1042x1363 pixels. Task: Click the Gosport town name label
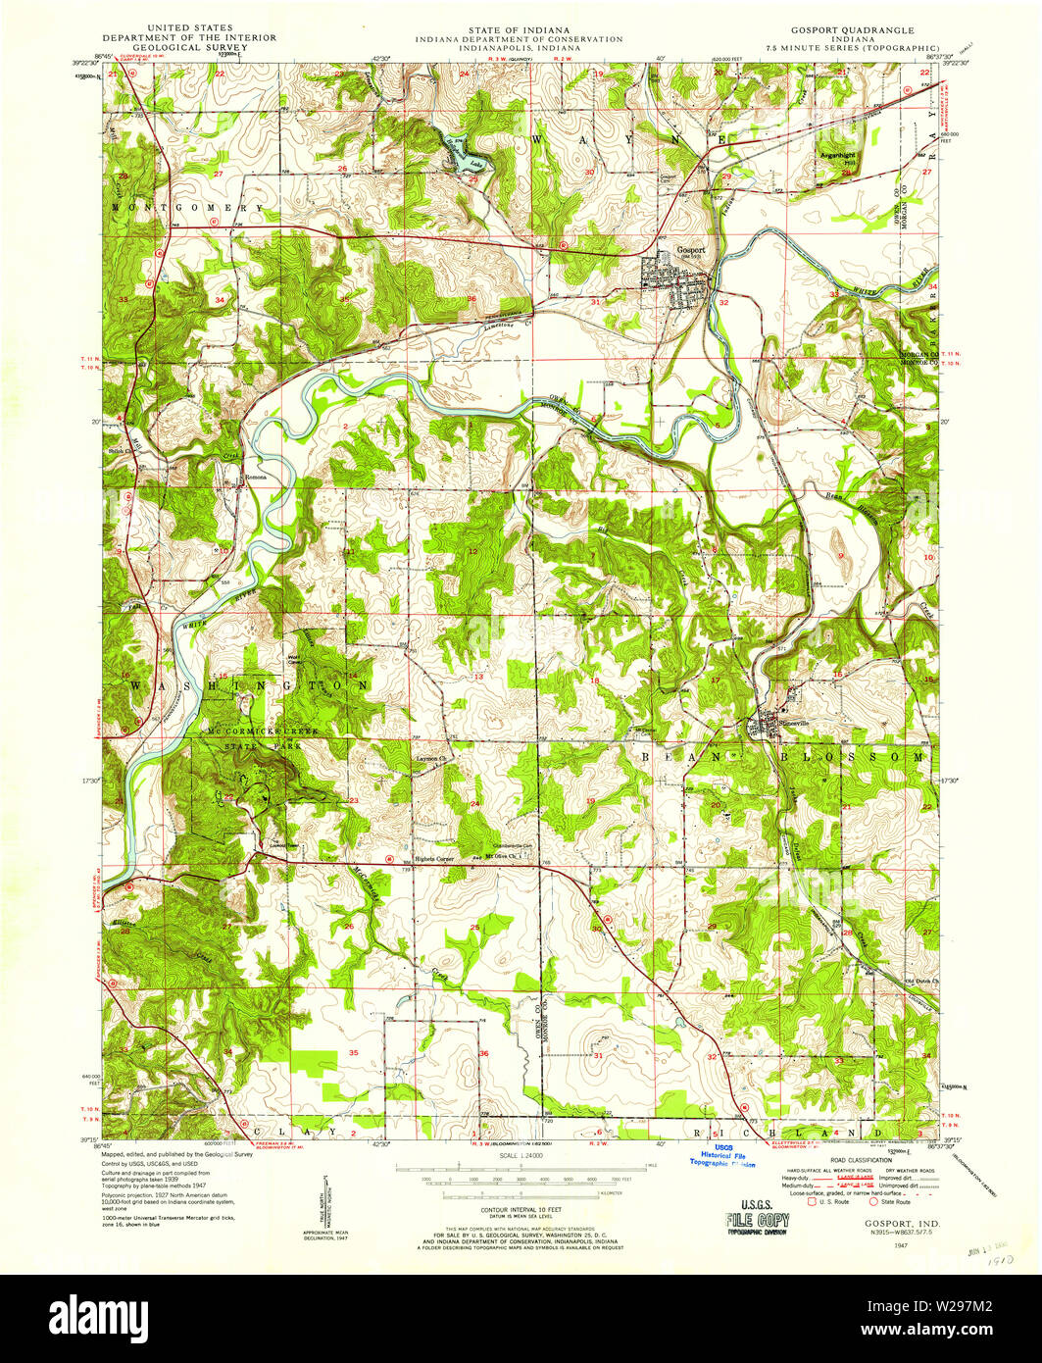(x=691, y=249)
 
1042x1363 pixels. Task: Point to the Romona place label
(x=255, y=478)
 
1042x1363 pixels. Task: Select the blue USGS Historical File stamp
(x=723, y=1156)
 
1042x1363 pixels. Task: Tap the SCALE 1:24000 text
(x=520, y=1157)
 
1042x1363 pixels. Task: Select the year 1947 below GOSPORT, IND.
(x=914, y=1243)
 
